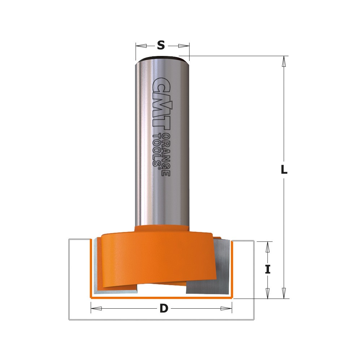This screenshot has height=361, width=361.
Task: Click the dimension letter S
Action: (x=161, y=45)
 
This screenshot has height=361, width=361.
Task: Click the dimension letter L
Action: (x=284, y=170)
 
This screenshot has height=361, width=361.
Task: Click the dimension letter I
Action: (x=267, y=269)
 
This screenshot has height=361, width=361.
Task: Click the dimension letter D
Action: (x=164, y=308)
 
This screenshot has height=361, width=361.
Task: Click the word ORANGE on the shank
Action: (x=166, y=155)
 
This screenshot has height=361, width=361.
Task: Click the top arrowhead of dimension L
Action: (x=284, y=61)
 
